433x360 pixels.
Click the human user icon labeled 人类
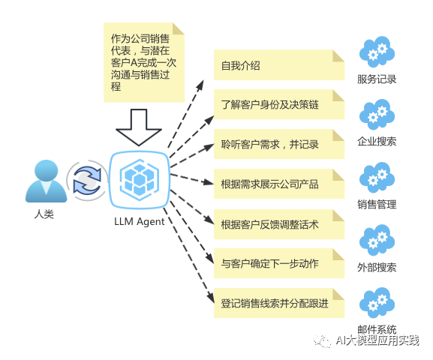46,181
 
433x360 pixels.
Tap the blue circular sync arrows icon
87,181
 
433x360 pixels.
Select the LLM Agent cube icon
140,180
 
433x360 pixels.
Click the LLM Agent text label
139,222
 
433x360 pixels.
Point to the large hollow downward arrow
139,127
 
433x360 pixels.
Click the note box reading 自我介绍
279,65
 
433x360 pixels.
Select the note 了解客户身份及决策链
279,104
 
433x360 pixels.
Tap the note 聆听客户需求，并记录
279,144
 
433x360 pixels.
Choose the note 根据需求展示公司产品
279,184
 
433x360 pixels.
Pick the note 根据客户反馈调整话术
279,224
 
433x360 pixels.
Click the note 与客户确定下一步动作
279,263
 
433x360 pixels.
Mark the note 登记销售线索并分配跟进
279,303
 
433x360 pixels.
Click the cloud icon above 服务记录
377,52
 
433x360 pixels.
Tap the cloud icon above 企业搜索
377,115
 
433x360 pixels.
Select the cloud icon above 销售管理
377,178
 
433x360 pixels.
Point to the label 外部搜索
377,267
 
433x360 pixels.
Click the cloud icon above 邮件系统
377,303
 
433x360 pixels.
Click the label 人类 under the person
44,214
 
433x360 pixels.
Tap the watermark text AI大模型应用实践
377,340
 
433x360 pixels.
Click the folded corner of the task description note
179,28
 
